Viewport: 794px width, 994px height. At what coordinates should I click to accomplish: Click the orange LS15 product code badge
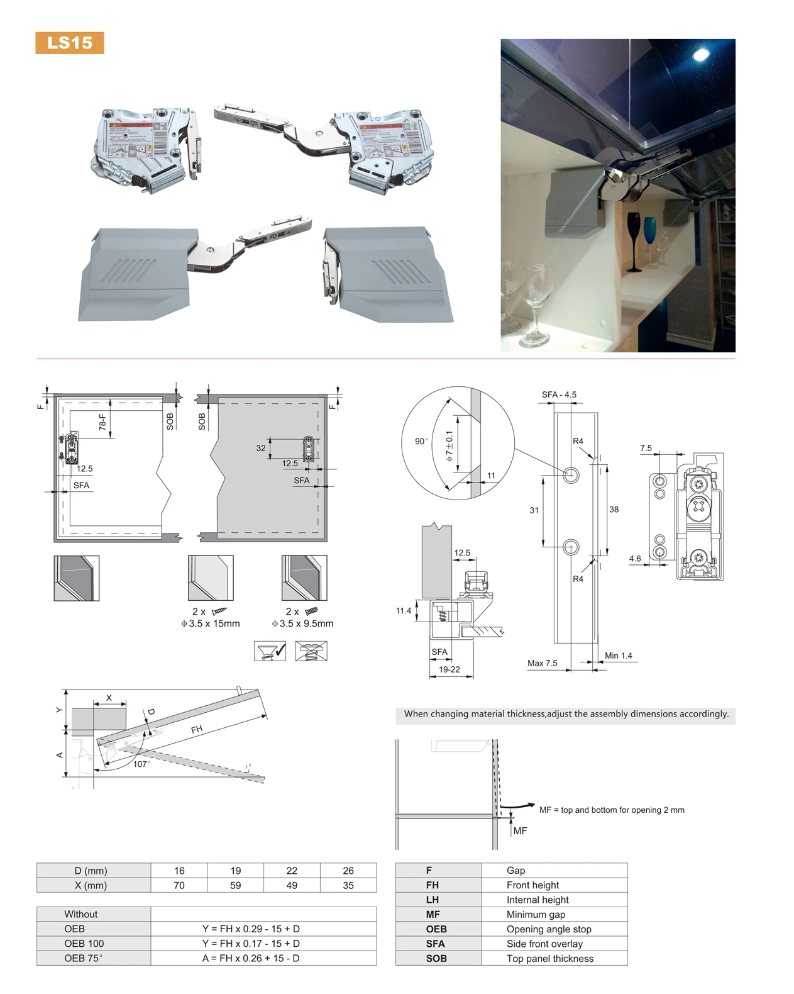tap(69, 43)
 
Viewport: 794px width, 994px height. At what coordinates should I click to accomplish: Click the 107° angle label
tap(141, 764)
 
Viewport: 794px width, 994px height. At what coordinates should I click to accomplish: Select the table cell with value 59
tap(235, 885)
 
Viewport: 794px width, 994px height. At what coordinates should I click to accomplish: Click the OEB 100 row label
tap(84, 944)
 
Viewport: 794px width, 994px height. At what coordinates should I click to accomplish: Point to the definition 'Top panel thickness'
tap(549, 959)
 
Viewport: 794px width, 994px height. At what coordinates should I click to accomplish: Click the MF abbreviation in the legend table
tap(433, 914)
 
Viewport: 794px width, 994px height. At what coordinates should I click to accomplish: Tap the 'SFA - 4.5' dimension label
tap(559, 395)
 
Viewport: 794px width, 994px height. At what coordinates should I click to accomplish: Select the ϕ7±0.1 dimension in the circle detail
tap(449, 446)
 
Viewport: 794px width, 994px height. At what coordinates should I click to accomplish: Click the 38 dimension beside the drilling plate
tap(614, 510)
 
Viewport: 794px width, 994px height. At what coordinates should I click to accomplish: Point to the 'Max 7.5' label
tap(542, 663)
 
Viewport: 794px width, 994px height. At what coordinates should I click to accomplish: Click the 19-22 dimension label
tap(449, 669)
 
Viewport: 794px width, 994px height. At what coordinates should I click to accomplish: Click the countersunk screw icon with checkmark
tap(270, 651)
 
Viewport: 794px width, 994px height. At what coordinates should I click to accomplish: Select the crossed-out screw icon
tap(311, 651)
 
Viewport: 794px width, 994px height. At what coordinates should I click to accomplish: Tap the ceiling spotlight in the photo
tap(700, 55)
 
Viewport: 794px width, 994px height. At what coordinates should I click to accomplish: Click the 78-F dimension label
tap(102, 422)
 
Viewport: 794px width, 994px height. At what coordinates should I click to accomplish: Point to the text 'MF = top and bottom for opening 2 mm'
tap(611, 810)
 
